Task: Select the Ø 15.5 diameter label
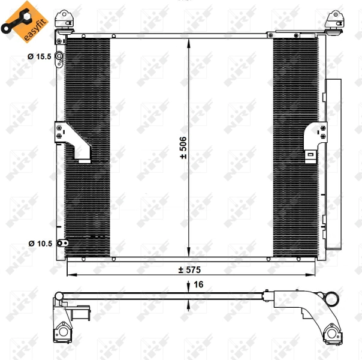[x=40, y=58]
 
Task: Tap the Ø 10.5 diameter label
[x=40, y=244]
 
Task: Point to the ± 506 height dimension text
[x=183, y=148]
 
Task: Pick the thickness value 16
[x=198, y=284]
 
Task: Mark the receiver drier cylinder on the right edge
[x=331, y=162]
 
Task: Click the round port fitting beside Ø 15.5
[x=59, y=58]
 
